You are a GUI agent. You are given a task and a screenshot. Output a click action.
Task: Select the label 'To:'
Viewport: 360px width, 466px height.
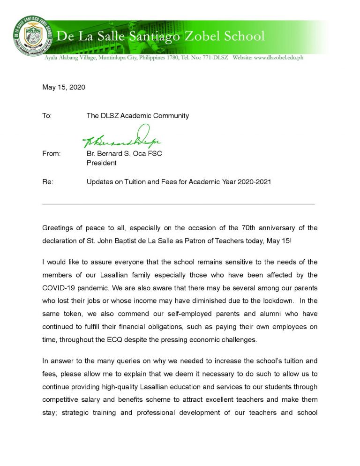pyautogui.click(x=47, y=116)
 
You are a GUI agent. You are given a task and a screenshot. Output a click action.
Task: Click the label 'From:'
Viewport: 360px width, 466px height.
pyautogui.click(x=52, y=154)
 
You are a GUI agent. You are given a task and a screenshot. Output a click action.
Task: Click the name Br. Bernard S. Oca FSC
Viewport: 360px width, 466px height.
pyautogui.click(x=124, y=154)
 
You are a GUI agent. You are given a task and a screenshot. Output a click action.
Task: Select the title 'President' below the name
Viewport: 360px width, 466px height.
pyautogui.click(x=101, y=163)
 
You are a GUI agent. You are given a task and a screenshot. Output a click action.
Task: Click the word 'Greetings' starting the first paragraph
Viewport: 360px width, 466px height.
pyautogui.click(x=58, y=228)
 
